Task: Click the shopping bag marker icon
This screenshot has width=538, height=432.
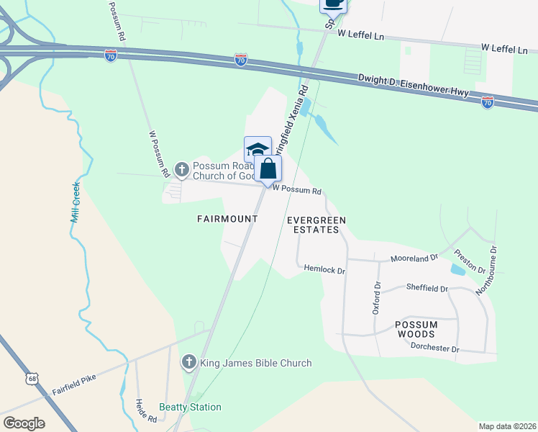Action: point(268,170)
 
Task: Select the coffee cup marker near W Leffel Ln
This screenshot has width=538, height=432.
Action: point(333,4)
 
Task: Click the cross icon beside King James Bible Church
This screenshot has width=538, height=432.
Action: point(189,362)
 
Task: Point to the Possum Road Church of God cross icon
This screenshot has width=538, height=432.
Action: point(182,170)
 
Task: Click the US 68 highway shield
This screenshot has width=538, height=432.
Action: point(31,377)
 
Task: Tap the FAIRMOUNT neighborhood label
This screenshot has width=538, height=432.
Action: point(228,218)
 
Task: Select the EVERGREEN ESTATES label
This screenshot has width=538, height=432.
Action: point(316,225)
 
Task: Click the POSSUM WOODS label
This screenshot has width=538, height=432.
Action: point(416,329)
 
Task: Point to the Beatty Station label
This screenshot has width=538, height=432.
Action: point(190,407)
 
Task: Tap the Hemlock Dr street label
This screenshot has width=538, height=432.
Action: point(324,271)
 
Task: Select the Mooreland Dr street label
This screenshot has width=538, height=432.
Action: point(414,258)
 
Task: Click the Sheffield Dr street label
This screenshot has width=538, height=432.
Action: point(427,288)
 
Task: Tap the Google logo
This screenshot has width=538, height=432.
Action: point(24,423)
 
